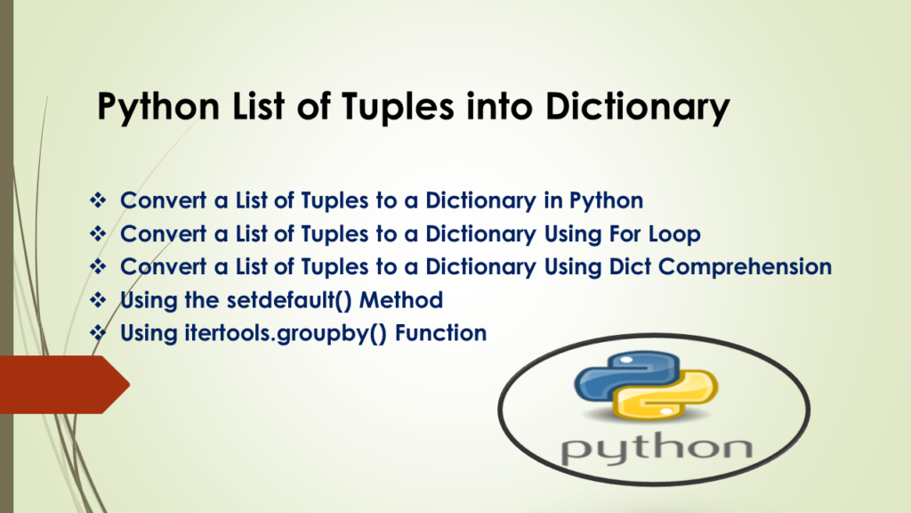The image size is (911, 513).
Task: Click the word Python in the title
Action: click(158, 108)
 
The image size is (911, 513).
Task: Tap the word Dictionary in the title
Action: click(637, 108)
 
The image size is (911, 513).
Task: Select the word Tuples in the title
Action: click(398, 108)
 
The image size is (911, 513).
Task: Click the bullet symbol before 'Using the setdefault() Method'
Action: click(98, 300)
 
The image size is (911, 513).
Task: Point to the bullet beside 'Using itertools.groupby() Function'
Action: click(98, 333)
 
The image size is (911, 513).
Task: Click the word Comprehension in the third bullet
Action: click(745, 267)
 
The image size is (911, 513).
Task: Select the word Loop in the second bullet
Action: click(674, 234)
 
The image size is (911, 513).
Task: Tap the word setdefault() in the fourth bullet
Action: click(289, 300)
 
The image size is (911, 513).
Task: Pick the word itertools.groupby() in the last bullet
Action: click(286, 334)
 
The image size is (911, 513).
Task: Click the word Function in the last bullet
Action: click(441, 333)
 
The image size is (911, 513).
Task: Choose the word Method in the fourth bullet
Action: click(401, 300)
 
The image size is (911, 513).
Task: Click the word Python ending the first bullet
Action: click(606, 201)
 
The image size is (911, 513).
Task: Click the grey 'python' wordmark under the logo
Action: click(657, 448)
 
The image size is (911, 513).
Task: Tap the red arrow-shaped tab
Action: click(64, 385)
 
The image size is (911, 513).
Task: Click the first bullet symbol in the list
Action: click(98, 200)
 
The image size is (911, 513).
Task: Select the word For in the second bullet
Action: click(625, 234)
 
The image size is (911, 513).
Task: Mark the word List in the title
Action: click(259, 108)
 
